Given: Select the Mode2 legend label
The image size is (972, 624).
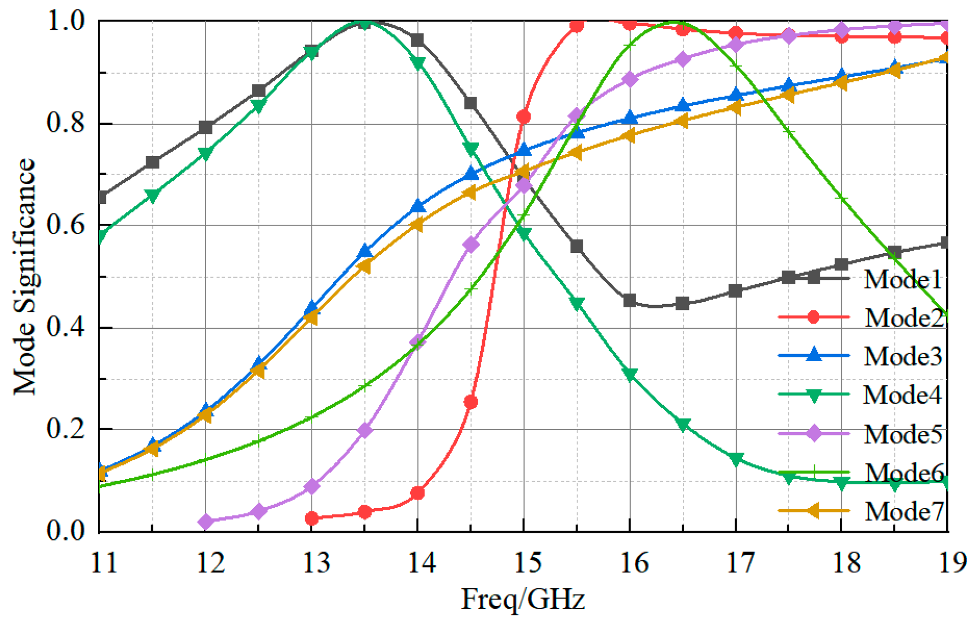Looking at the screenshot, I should tap(903, 318).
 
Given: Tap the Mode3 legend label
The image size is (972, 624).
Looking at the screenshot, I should tap(903, 356).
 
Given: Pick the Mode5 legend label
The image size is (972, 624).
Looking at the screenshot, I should tap(903, 434).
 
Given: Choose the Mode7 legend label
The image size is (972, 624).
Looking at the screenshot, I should tap(903, 511).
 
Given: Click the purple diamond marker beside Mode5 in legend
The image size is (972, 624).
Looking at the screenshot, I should tap(814, 434).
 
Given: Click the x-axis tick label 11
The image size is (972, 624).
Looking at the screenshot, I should tap(103, 562).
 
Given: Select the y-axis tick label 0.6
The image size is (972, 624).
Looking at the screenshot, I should tap(65, 225).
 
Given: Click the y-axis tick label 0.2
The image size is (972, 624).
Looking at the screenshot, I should tap(65, 429).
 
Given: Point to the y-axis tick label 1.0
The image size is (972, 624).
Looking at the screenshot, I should tap(65, 22).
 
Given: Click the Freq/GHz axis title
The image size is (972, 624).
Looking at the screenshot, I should tap(523, 599).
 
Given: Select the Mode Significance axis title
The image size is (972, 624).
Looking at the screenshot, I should tap(24, 277).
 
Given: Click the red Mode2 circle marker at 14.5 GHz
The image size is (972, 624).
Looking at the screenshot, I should tap(471, 402).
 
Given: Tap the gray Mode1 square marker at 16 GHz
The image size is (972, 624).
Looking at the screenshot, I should tap(629, 301).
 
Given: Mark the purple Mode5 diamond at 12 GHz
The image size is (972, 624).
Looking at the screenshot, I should tap(206, 521).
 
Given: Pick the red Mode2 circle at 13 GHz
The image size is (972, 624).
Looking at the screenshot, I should tap(312, 518).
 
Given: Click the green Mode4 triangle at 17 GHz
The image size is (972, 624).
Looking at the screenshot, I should tap(736, 460).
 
